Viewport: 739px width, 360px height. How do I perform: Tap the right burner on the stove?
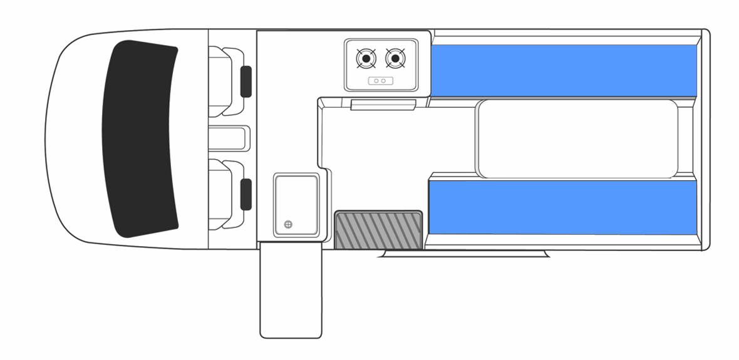[394, 59]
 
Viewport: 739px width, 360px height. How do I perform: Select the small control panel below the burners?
[380, 80]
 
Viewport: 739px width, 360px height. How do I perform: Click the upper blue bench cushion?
[564, 70]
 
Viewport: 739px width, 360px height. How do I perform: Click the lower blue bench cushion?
[564, 207]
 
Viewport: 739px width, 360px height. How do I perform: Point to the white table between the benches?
[576, 139]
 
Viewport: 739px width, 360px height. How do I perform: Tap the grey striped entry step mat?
[378, 230]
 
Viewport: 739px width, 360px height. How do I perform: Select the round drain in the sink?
[288, 225]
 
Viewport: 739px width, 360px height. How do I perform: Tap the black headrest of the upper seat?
[246, 81]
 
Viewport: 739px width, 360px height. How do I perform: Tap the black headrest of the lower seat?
[246, 195]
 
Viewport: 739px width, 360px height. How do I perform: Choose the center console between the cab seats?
[229, 138]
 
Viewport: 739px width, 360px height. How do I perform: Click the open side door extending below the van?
[290, 291]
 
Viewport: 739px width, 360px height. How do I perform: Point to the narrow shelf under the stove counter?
[383, 104]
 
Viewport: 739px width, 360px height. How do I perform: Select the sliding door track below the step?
[463, 253]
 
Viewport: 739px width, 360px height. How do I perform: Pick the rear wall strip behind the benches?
[705, 139]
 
